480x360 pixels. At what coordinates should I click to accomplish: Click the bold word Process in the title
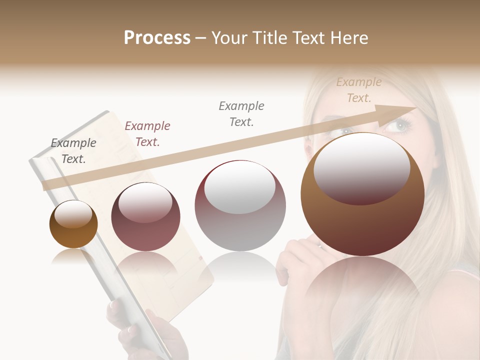157,38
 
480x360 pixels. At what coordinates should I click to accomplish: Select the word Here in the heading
348,38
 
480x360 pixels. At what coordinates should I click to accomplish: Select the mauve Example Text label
147,134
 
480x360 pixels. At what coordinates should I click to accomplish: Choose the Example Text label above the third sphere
241,113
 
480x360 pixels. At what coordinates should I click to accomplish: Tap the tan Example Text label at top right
359,90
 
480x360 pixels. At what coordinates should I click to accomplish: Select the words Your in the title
229,38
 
